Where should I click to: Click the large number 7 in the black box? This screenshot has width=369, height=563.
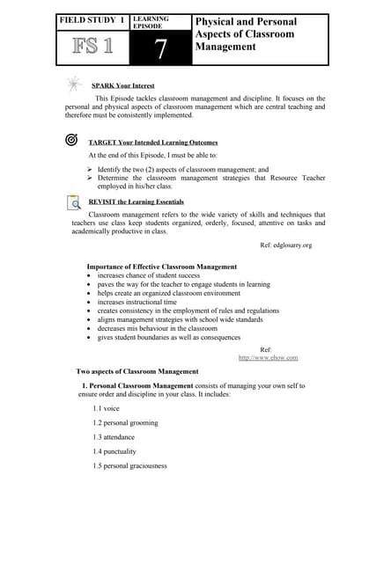pos(159,50)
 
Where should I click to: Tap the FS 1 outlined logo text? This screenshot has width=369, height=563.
pos(91,46)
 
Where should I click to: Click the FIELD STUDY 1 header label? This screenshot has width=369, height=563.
pos(92,19)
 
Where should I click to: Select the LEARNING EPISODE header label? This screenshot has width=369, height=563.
pos(151,22)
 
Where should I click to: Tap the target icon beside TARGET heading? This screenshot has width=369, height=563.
pos(71,140)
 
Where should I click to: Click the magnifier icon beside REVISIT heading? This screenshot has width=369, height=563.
pos(74,202)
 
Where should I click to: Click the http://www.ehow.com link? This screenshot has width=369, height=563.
pos(268,357)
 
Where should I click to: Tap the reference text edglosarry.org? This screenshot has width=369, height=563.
pos(286,245)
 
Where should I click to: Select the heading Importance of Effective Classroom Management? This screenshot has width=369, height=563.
pos(161,266)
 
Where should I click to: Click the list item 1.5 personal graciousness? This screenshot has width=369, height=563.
pos(129,464)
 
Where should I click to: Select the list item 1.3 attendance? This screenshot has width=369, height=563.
pos(114,436)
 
